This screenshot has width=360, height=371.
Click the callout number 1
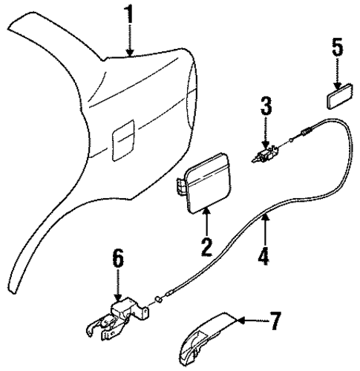point(130,15)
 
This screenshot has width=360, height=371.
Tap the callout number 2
point(206,247)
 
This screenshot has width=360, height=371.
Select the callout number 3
point(266,107)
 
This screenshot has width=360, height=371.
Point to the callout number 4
point(264,256)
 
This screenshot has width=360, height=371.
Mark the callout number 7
point(275,321)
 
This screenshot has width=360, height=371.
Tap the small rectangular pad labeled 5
point(340,96)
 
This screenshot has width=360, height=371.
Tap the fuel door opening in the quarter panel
point(123,140)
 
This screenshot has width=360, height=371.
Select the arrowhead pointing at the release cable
point(265,217)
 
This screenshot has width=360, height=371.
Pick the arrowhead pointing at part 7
point(241,320)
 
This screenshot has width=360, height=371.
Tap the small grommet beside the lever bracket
point(158,300)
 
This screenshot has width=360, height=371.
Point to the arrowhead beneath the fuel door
point(206,211)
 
